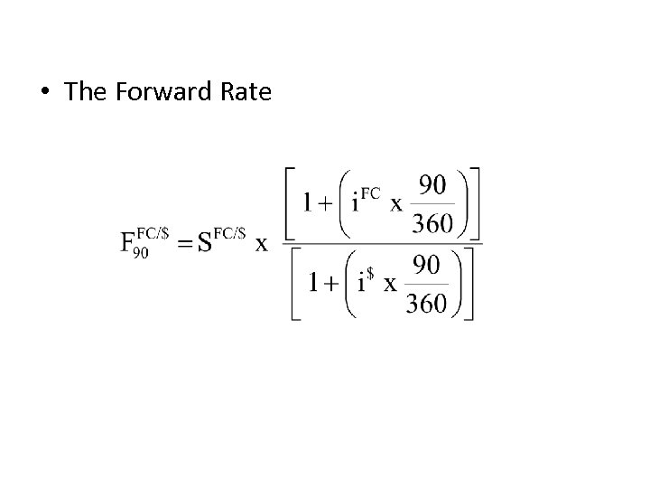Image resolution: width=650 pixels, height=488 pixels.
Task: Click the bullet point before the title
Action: point(45,93)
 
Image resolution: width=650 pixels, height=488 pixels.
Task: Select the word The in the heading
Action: point(87,92)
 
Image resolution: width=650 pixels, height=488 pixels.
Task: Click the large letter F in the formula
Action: point(129,244)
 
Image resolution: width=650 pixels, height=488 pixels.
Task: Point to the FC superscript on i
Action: point(370,192)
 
